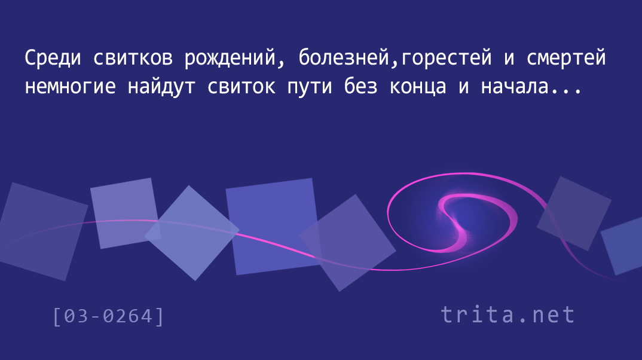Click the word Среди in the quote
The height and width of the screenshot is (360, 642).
[x=53, y=57]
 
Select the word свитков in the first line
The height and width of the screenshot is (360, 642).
[x=133, y=58]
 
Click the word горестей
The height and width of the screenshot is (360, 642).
[x=446, y=58]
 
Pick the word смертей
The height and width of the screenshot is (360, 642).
[x=566, y=58]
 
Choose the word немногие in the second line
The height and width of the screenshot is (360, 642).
[x=70, y=87]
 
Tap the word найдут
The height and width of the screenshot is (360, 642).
[x=161, y=87]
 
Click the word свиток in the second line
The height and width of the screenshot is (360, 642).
[x=241, y=87]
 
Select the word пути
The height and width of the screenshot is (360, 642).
[x=309, y=88]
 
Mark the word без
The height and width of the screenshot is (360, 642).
[x=360, y=86]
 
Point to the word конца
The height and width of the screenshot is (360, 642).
[x=418, y=88]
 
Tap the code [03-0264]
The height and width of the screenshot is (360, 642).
[x=109, y=316]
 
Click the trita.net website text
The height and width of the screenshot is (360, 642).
[x=508, y=315]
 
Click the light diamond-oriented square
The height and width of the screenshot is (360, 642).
[x=192, y=233]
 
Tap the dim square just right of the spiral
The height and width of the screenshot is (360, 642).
[x=574, y=213]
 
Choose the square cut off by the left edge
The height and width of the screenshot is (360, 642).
[x=41, y=232]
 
